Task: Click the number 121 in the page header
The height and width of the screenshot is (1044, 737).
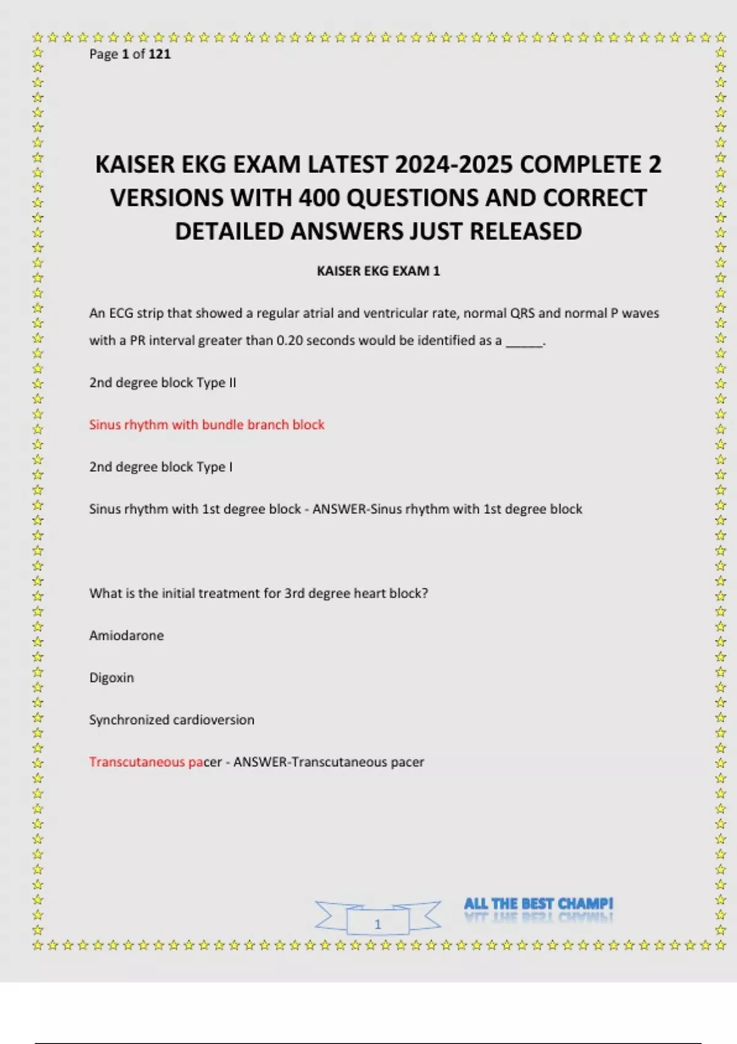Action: point(159,54)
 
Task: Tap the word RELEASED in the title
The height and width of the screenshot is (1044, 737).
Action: point(526,232)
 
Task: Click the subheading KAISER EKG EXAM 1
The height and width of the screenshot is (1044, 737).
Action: point(378,271)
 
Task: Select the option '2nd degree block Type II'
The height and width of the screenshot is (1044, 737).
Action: point(163,383)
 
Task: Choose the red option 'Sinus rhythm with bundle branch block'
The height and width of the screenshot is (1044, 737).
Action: point(206,424)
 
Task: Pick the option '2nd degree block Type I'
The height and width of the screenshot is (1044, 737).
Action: point(161,467)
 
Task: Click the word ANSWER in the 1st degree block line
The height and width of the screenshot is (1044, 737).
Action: point(339,509)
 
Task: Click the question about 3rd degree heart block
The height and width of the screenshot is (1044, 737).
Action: point(259,593)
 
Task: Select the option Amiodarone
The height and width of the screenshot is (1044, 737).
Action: point(127,636)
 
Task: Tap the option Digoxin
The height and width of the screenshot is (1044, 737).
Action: point(111,677)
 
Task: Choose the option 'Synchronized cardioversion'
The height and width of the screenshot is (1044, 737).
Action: point(171,720)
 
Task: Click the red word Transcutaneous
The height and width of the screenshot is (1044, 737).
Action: point(136,762)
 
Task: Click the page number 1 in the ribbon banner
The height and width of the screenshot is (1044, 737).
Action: point(378,924)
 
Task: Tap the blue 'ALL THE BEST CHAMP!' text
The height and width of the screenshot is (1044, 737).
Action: point(539,903)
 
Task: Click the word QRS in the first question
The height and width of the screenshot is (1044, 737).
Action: point(523,313)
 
